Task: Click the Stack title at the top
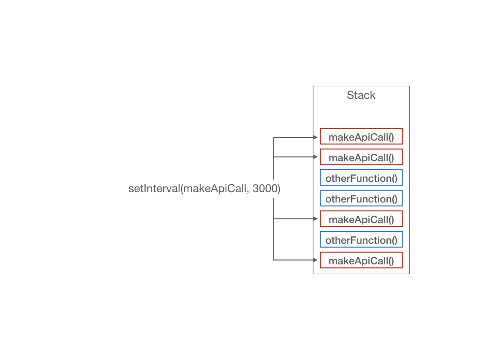pos(361,95)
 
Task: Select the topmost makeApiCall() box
pos(361,136)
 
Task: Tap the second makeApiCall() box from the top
pos(361,157)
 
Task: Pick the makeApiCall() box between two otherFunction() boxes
pos(361,218)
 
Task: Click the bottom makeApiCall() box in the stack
pos(361,260)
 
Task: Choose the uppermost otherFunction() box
pos(361,178)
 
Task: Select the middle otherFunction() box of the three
pos(361,198)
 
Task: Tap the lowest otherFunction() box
pos(361,240)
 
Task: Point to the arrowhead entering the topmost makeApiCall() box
pos(315,137)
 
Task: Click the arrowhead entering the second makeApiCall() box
pos(315,157)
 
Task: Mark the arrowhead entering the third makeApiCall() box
pos(315,218)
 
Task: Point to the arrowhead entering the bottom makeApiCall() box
pos(315,260)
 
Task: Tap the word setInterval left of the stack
pos(154,188)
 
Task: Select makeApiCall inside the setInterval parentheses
pos(215,189)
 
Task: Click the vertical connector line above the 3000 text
pos(274,158)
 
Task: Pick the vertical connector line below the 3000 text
pos(274,229)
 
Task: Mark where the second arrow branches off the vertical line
pos(274,157)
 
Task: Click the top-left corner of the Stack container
pos(313,86)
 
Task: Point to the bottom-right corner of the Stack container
pos(409,274)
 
